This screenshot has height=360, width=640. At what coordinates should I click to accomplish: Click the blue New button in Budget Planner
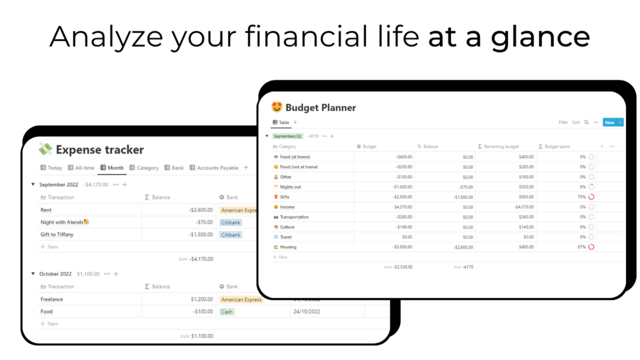point(609,122)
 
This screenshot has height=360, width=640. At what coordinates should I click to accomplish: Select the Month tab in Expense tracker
point(112,168)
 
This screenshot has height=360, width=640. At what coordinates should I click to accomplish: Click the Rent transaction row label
point(46,210)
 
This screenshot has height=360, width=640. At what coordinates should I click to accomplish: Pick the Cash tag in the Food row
point(227,312)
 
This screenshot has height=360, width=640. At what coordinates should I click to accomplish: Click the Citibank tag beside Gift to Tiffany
point(231,234)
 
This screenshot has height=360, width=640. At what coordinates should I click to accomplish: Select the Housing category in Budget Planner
point(288,247)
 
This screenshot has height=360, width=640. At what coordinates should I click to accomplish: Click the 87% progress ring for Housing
point(591,247)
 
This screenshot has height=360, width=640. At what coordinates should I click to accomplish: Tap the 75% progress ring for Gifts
point(591,197)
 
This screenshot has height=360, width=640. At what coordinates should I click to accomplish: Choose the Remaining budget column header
point(501,147)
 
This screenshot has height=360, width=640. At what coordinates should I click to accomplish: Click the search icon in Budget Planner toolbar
point(587,122)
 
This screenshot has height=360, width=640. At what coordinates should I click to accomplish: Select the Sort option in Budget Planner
point(576,122)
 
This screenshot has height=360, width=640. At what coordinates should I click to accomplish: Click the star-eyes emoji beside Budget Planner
point(276,108)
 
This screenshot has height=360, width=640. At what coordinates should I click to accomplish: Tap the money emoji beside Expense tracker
point(45,150)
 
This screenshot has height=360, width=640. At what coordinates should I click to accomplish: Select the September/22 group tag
point(288,136)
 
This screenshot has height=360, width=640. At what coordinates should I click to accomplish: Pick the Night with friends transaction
point(62,222)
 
